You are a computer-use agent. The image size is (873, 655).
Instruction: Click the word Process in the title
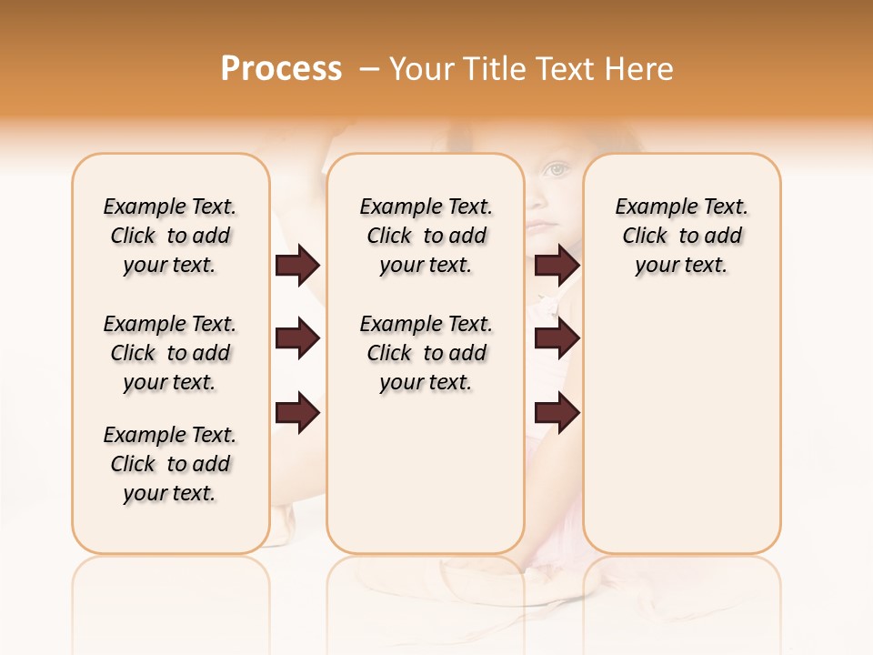click(281, 68)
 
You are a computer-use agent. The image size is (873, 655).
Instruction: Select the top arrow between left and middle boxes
click(297, 265)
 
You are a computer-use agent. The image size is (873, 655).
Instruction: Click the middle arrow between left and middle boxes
click(297, 339)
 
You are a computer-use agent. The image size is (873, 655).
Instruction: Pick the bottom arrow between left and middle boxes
click(297, 413)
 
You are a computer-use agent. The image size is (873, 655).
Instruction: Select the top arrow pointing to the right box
click(557, 265)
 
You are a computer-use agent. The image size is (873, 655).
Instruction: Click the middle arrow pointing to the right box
click(557, 339)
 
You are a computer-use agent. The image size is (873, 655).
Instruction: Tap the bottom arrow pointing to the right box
click(557, 413)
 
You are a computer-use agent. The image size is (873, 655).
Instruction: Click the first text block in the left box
click(170, 236)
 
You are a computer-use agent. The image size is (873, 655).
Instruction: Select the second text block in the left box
click(170, 353)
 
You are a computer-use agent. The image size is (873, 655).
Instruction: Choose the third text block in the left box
click(170, 464)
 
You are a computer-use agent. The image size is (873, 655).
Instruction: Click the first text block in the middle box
click(426, 236)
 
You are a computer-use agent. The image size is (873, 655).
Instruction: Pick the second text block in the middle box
click(426, 353)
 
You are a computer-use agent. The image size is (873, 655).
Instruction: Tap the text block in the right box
click(681, 236)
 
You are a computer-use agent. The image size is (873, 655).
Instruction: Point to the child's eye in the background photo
click(556, 169)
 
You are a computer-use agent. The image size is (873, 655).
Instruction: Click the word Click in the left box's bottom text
click(133, 464)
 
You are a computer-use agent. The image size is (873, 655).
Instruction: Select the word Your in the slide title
click(419, 68)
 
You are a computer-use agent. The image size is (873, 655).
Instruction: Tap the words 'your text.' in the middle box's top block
click(426, 266)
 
